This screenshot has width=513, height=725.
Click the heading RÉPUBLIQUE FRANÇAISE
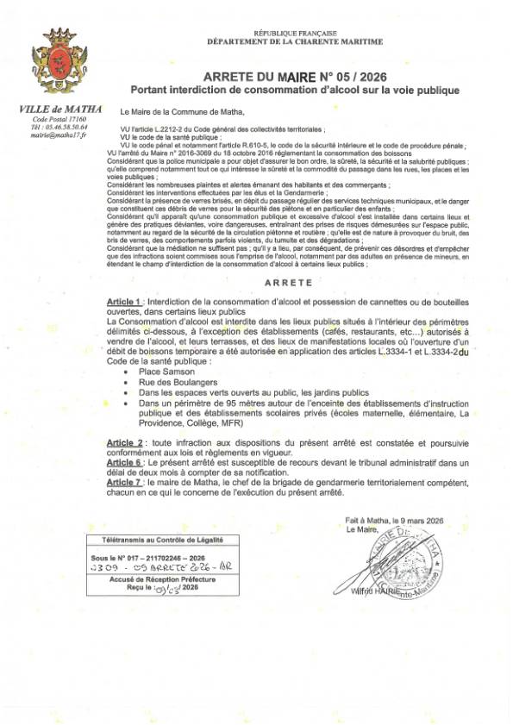pyautogui.click(x=285, y=31)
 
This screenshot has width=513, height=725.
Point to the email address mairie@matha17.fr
pyautogui.click(x=59, y=135)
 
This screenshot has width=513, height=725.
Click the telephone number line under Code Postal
pyautogui.click(x=59, y=127)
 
